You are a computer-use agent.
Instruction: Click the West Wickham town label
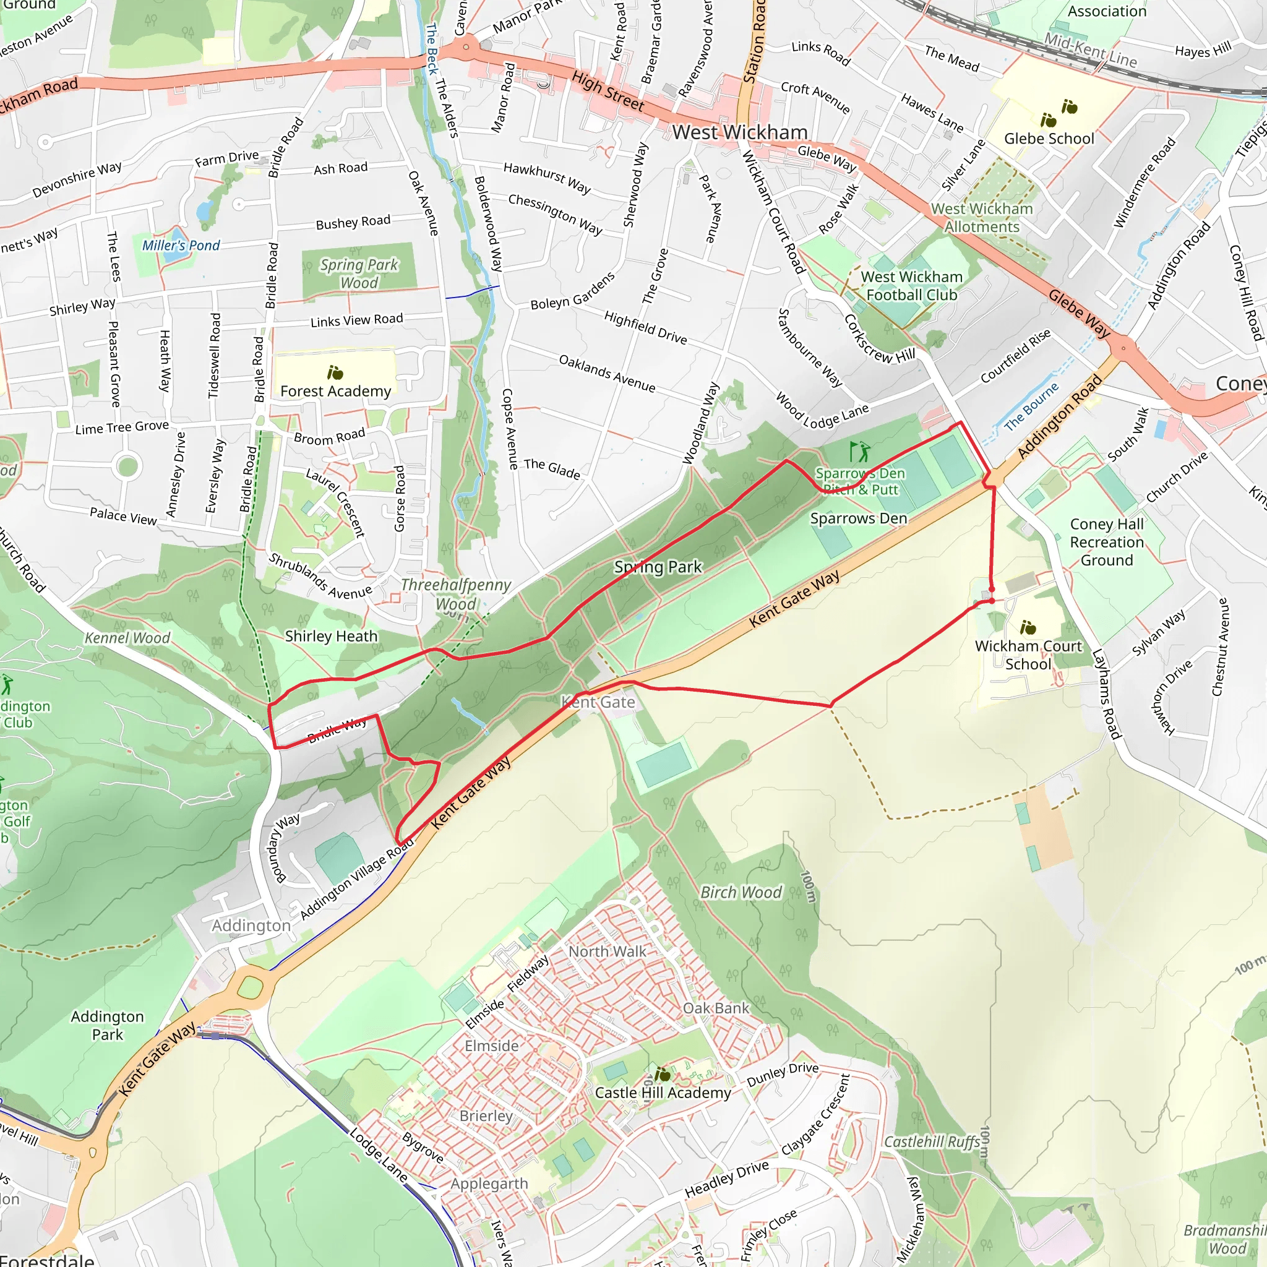[x=739, y=132]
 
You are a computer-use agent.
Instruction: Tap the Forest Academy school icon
[x=335, y=372]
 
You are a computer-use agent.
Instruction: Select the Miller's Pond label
[x=181, y=245]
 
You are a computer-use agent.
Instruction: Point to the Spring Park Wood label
[x=359, y=273]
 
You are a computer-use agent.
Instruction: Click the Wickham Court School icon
[x=1028, y=627]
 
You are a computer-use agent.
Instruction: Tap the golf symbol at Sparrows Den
[x=859, y=451]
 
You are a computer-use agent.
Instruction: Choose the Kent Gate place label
[x=598, y=702]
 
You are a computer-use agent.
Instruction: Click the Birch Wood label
[x=741, y=892]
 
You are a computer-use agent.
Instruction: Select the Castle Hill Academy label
[x=663, y=1093]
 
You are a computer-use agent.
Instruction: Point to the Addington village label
[x=251, y=926]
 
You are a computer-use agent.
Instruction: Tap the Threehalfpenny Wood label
[x=456, y=594]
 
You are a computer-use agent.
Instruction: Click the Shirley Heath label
[x=331, y=636]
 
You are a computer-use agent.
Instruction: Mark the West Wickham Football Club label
[x=911, y=286]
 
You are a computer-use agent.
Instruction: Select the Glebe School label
[x=1049, y=139]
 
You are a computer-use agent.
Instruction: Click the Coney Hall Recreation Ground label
[x=1106, y=542]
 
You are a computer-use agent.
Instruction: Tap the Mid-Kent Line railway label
[x=1090, y=51]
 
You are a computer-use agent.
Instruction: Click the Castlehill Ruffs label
[x=932, y=1142]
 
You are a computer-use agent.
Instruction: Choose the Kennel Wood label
[x=127, y=638]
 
